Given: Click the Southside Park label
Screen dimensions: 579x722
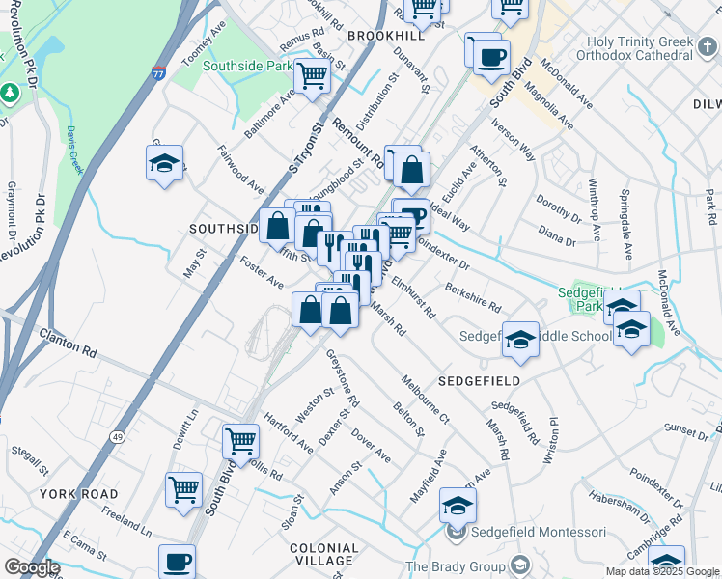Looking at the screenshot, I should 251,67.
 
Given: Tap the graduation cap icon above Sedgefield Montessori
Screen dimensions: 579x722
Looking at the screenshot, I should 458,504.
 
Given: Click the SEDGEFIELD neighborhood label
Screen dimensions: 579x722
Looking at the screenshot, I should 479,381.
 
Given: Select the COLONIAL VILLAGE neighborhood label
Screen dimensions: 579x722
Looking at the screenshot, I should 324,554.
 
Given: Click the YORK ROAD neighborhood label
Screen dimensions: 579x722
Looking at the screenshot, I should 78,493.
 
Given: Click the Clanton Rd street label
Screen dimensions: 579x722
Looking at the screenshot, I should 69,342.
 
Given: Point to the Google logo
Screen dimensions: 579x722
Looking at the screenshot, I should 32,567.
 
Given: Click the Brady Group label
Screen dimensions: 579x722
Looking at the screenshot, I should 455,565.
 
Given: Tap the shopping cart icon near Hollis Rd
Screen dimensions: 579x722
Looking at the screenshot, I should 240,441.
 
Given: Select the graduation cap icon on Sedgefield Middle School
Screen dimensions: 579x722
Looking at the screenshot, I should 519,339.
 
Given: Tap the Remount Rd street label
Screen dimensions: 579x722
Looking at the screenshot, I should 358,144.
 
